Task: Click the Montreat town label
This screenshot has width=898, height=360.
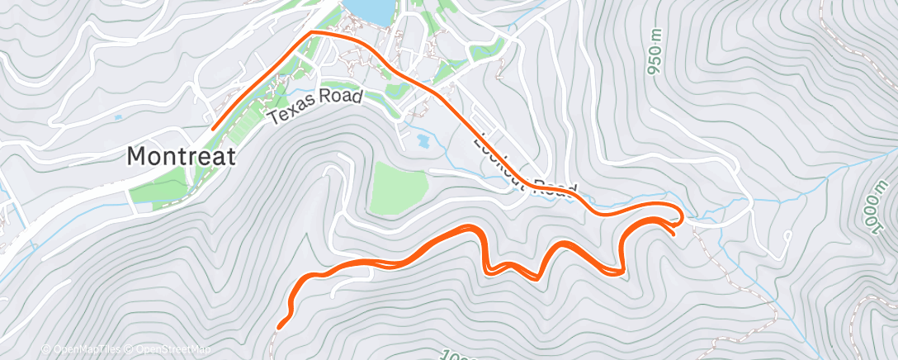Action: click(181, 154)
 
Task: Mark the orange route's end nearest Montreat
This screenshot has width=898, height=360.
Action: click(213, 129)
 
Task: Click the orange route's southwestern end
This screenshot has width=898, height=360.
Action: click(281, 326)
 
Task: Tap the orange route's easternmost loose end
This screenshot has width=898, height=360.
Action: click(674, 234)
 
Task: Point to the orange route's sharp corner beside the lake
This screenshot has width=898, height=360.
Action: click(312, 32)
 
